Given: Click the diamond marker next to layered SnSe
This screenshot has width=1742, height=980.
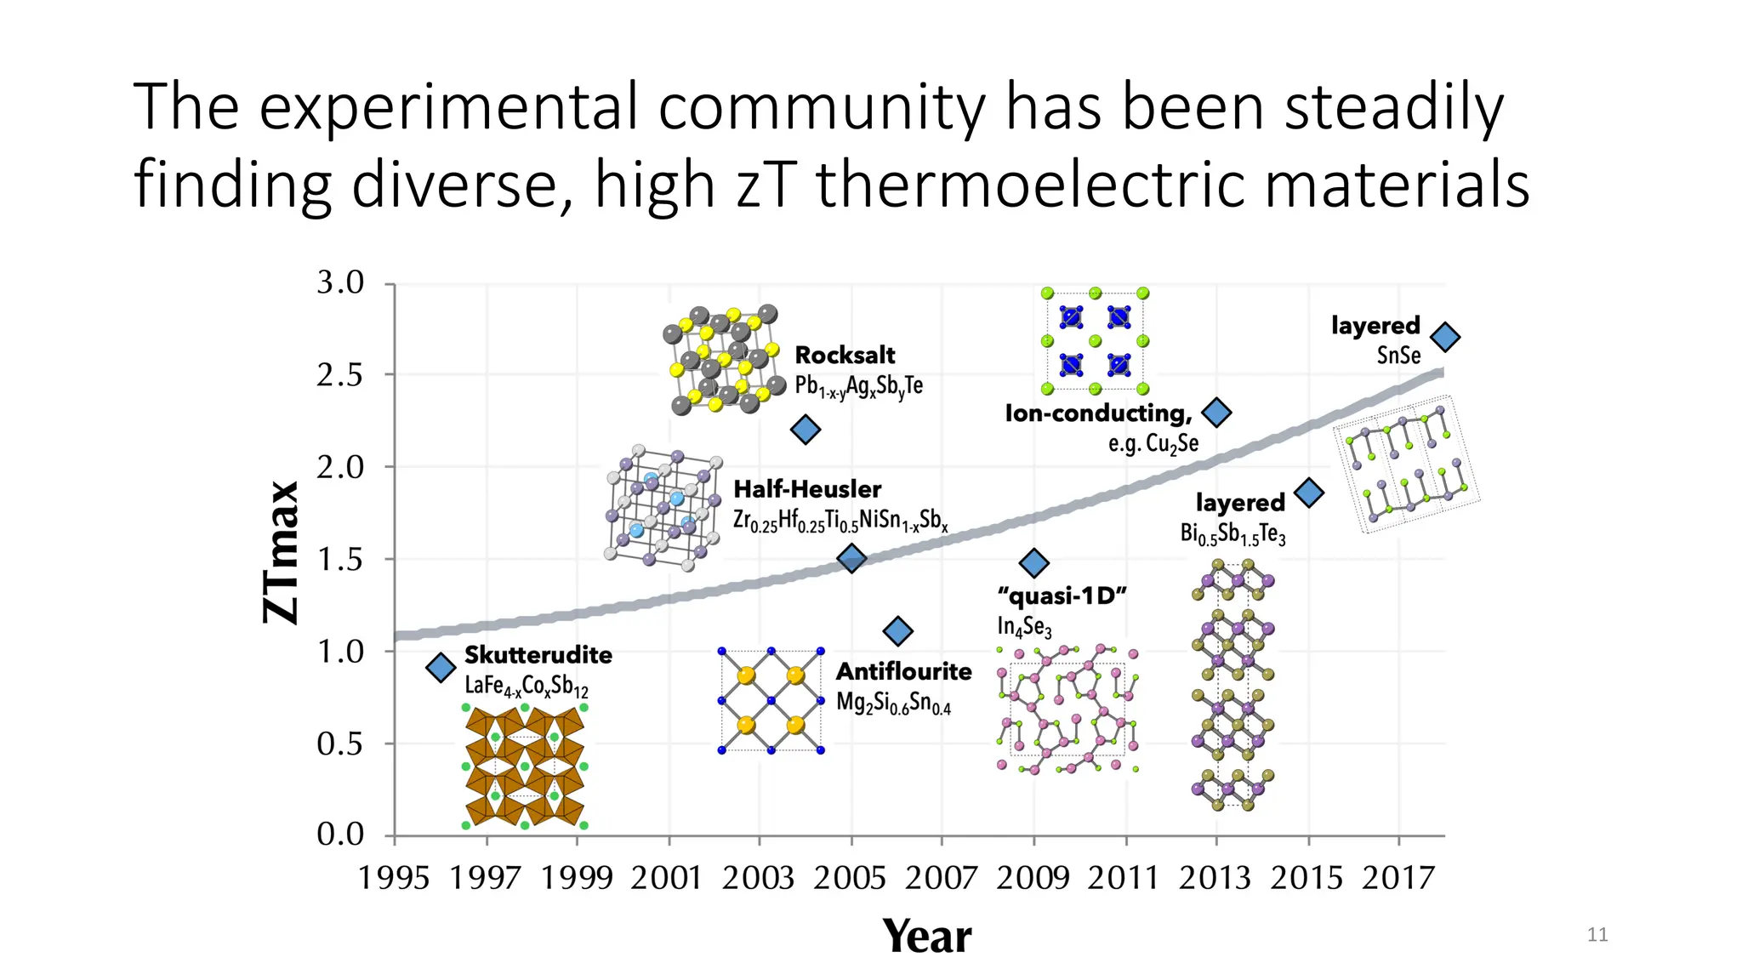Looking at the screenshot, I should coord(1445,338).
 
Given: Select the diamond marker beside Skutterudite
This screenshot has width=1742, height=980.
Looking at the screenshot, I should coord(441,668).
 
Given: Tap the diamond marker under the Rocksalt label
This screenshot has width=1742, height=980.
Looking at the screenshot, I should coord(806,430).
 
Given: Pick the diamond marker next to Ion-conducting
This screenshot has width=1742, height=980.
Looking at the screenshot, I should coord(1217,413).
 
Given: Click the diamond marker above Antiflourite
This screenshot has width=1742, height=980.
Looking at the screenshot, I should coord(898,631).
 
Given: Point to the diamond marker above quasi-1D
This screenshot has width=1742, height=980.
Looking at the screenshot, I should coord(1033,562).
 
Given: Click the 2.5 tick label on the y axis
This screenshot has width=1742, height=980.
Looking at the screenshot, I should coord(340,375).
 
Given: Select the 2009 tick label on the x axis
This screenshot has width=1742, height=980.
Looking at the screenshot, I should coord(1033,878).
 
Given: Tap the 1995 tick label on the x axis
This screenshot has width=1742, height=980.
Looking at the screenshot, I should coord(393,878).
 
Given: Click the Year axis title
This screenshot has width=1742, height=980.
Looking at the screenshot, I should coord(926,937).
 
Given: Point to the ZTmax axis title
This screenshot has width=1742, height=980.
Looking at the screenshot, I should coord(282,552).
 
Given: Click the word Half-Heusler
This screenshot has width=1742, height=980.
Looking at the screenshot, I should coord(807,489).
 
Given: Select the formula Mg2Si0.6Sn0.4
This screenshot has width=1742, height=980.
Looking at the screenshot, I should coord(893,704).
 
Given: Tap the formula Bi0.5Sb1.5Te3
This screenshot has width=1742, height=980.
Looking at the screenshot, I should coord(1232,534).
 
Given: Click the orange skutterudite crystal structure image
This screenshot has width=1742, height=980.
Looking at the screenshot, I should coord(525,766).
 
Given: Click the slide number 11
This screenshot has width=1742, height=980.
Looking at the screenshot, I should coord(1597,935).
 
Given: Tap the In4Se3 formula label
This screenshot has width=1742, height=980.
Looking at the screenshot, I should coord(1024,627).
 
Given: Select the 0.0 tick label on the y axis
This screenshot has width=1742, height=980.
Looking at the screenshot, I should coord(340,835).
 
